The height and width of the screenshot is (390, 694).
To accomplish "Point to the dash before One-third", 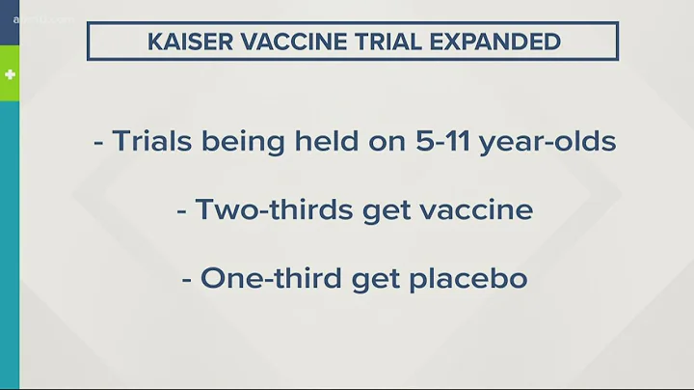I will pos(188,281).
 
